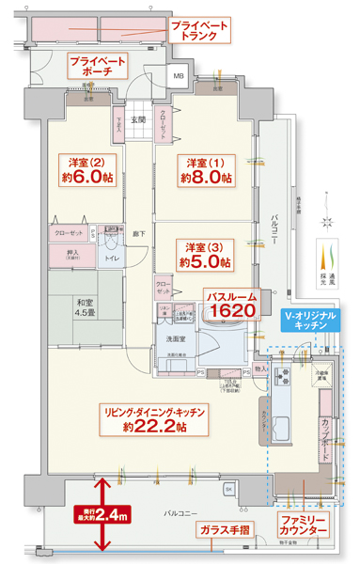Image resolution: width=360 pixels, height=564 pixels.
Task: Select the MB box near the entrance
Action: (178, 78)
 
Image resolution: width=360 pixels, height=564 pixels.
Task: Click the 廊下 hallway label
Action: (137, 232)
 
